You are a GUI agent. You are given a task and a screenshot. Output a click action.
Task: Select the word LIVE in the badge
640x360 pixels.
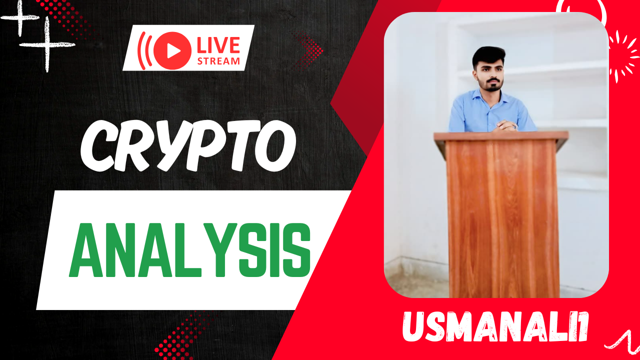coord(218,45)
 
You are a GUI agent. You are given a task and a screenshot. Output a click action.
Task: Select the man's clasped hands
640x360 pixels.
coord(506,125)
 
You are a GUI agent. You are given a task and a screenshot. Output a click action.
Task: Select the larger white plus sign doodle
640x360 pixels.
coord(47,44)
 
